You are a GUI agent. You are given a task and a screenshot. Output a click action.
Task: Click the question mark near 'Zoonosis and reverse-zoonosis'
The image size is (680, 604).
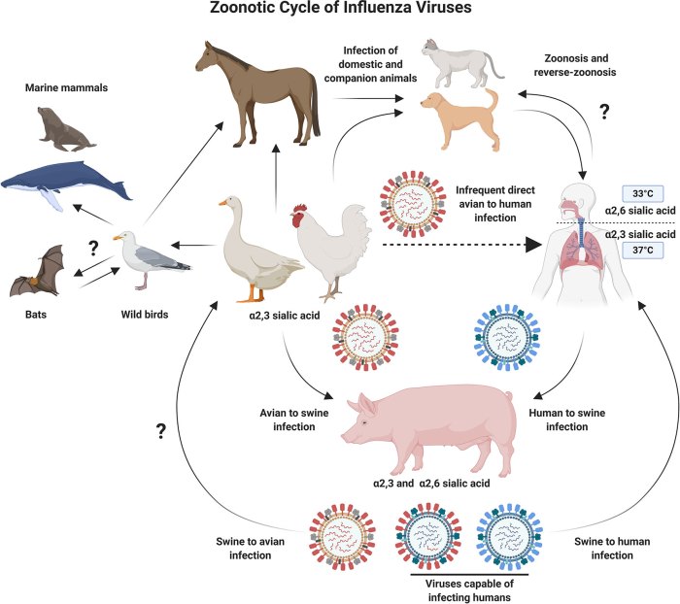tap(604, 111)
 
